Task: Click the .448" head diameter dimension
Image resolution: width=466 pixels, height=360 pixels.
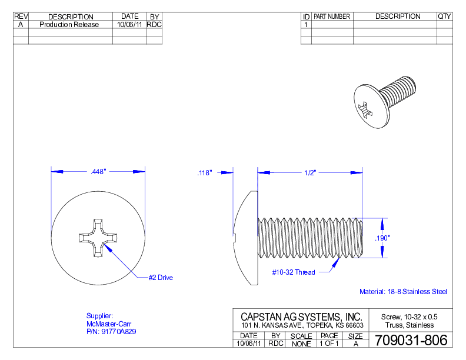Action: coord(98,172)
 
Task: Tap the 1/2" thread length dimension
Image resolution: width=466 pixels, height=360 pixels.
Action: coord(310,172)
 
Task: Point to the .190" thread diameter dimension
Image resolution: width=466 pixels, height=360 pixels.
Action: coord(382,238)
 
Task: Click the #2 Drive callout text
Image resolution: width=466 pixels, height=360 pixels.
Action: coord(161,278)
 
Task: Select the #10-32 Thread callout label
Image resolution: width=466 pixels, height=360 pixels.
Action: coord(293,272)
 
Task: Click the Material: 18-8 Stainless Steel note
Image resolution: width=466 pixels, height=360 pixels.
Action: coord(403,292)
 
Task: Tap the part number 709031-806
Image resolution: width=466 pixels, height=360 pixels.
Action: coord(410,340)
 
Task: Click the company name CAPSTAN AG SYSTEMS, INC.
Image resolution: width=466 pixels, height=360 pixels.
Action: coord(301,316)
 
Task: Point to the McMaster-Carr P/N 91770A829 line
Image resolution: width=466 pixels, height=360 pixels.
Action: coord(111,332)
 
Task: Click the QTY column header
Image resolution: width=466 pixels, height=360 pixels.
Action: coord(444,16)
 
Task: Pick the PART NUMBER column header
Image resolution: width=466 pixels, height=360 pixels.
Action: coord(332,16)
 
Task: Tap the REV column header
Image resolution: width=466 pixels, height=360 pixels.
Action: coord(21,16)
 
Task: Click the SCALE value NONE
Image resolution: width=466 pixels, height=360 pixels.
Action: coord(301,344)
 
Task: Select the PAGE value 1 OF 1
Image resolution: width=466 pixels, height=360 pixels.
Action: coord(329,344)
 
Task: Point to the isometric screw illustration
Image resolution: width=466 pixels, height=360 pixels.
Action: coord(385,101)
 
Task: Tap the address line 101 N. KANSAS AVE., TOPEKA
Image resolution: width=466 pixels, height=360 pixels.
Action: coord(302,325)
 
